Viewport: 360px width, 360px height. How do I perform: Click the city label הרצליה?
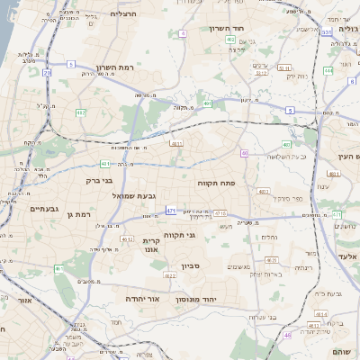(122, 14)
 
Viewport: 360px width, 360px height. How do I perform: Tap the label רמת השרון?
(114, 67)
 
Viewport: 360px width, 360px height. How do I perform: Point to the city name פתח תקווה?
(216, 183)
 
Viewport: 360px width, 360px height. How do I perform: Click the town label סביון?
(189, 265)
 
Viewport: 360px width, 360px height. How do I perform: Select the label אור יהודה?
(142, 298)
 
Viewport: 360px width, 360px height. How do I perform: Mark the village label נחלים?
(268, 238)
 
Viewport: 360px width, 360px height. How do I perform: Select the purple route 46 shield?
(288, 335)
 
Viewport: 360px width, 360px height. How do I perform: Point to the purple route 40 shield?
(244, 153)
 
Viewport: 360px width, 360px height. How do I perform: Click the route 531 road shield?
(326, 31)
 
